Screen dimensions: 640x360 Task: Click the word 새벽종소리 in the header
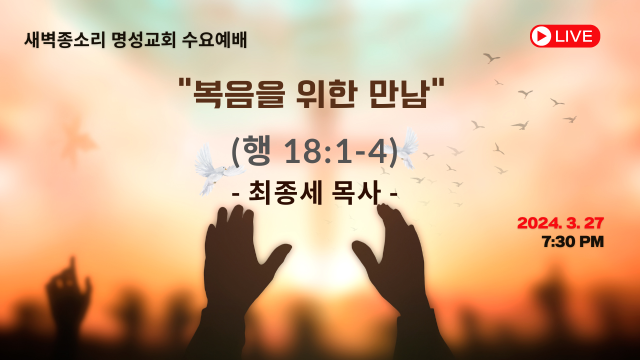[64, 40]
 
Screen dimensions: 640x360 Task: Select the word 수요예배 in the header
[214, 40]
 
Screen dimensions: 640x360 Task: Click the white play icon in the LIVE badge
[541, 36]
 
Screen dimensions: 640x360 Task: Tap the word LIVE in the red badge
[573, 36]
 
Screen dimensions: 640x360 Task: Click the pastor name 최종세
[285, 193]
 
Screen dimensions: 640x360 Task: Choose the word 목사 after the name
[356, 193]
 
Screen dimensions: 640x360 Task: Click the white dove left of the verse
[218, 170]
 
